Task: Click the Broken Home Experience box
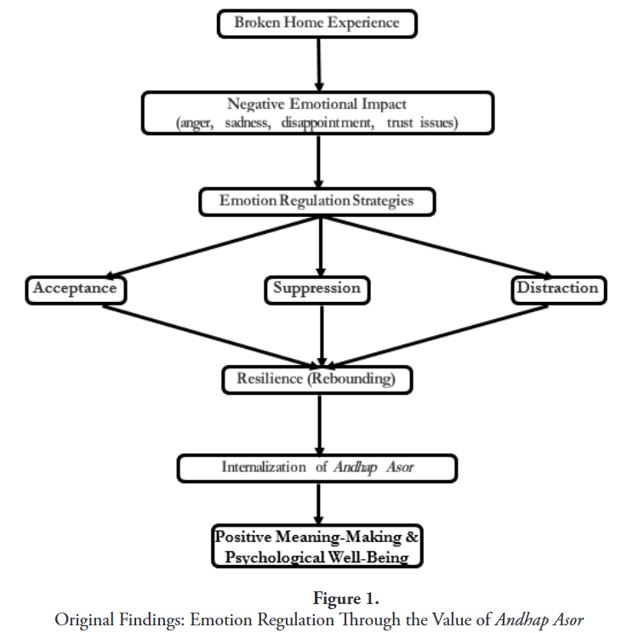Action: pyautogui.click(x=316, y=24)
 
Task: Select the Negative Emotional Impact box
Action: pyautogui.click(x=316, y=113)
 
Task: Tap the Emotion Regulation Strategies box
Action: pyautogui.click(x=316, y=202)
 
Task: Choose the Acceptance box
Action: pyautogui.click(x=75, y=289)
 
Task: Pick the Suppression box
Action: pyautogui.click(x=316, y=289)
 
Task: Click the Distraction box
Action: pyautogui.click(x=557, y=289)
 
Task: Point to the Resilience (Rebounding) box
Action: pyautogui.click(x=316, y=379)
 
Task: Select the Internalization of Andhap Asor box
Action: pyautogui.click(x=316, y=467)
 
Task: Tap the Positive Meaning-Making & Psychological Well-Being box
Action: pyautogui.click(x=316, y=546)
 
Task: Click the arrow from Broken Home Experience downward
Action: pyautogui.click(x=318, y=64)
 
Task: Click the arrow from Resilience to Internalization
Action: pyautogui.click(x=318, y=424)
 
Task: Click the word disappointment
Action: pyautogui.click(x=328, y=123)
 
